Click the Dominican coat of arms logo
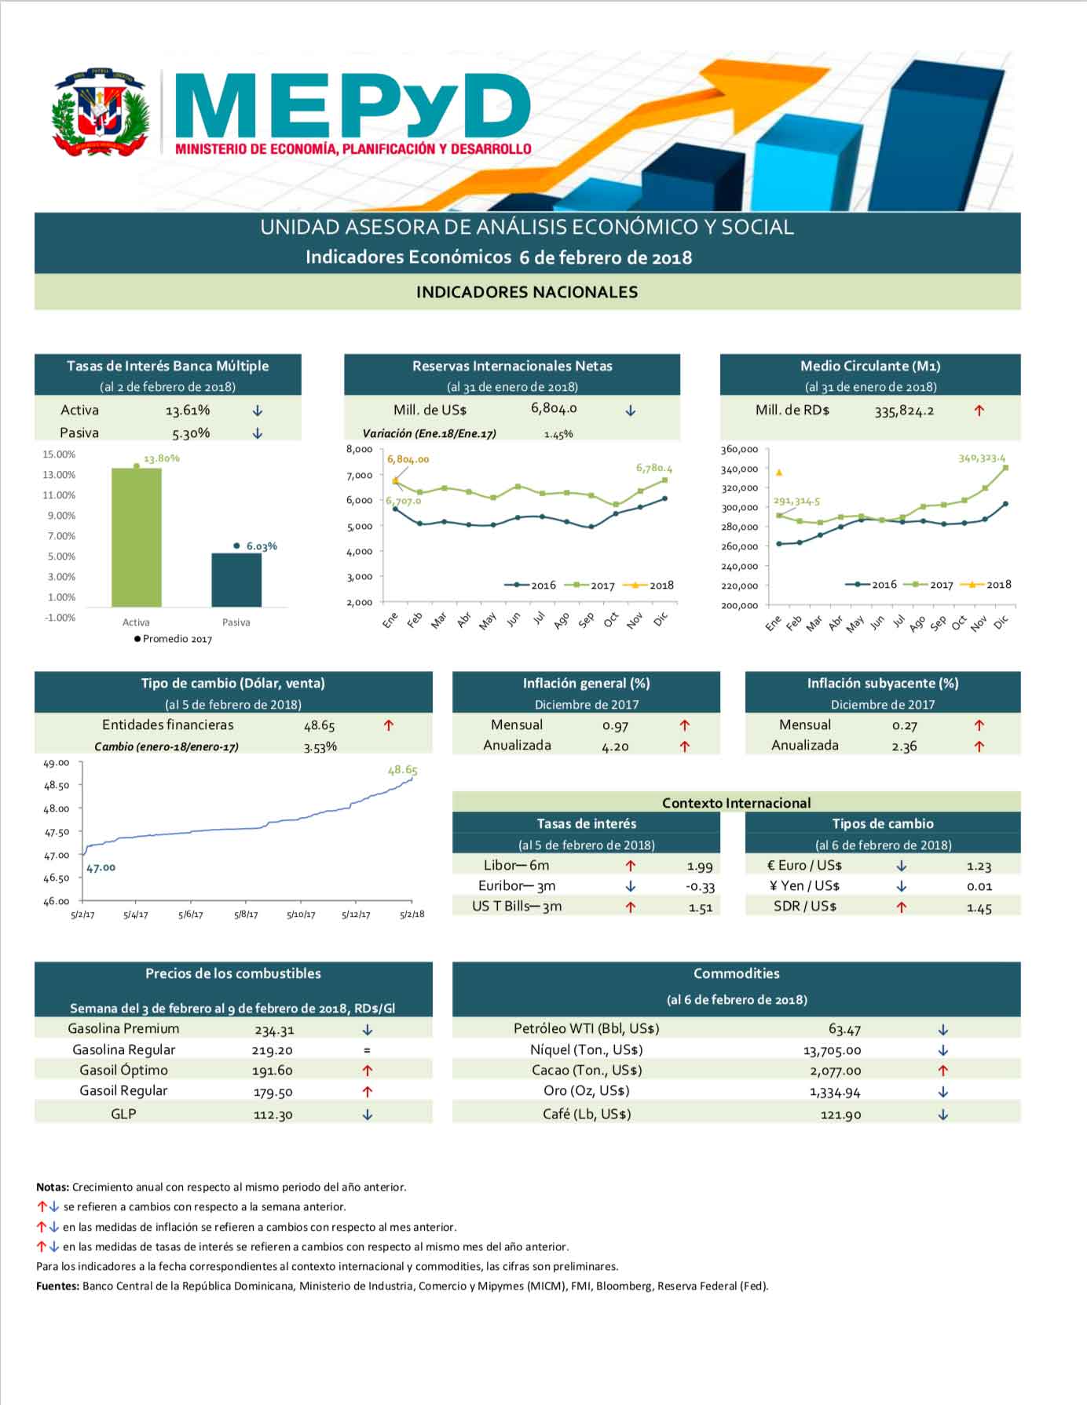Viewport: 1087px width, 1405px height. pos(100,111)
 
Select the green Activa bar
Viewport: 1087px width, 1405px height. pos(136,537)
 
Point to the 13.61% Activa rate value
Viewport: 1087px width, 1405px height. pos(188,411)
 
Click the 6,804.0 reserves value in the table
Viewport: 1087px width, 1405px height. pos(554,408)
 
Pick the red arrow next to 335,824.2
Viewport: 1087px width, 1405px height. pos(979,411)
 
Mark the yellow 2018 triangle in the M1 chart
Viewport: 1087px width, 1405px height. pos(778,473)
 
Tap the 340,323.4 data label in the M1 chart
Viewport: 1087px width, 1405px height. pos(981,458)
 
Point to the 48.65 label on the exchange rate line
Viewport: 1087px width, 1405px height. pos(402,770)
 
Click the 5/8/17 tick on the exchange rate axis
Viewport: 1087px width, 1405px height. pos(246,914)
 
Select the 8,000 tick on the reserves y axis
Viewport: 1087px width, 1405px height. pos(359,449)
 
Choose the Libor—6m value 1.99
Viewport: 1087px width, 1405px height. pos(699,867)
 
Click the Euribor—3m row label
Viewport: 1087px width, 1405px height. pos(517,886)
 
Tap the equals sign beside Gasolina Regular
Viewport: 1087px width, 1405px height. pos(367,1050)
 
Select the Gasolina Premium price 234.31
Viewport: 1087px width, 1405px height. pos(274,1030)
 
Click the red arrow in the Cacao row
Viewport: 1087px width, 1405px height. pos(942,1071)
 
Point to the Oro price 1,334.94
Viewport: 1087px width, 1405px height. pos(835,1092)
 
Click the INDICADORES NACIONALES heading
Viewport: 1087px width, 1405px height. pos(526,292)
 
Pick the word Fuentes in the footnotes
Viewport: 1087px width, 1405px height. pos(57,1286)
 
